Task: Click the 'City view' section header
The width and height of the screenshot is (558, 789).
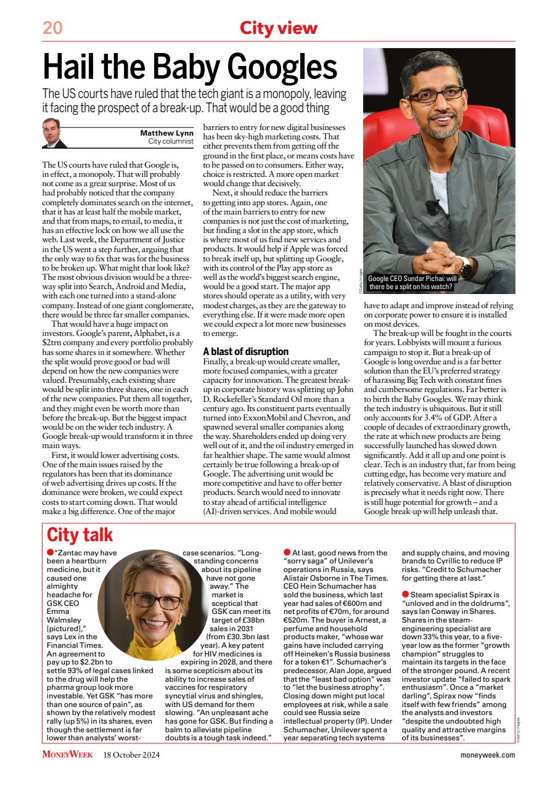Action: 279,28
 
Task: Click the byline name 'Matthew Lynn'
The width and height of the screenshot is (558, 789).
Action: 166,132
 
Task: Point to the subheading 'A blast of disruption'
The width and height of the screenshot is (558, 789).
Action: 245,351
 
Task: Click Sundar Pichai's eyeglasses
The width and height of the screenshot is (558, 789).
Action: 435,94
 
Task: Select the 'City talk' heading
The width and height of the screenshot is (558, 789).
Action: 80,534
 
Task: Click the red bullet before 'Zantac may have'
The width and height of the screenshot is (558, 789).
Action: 51,552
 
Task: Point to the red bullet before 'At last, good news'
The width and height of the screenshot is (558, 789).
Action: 287,552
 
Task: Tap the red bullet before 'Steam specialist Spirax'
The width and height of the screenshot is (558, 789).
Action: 405,594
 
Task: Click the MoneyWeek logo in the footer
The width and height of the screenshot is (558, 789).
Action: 67,754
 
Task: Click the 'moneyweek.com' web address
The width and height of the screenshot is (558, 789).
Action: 488,754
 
